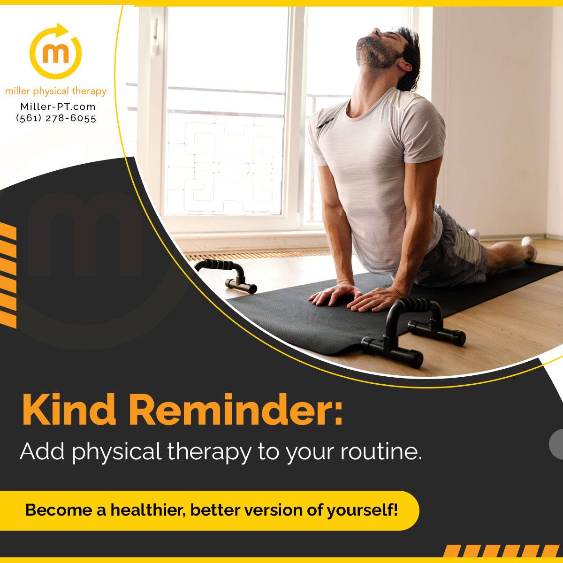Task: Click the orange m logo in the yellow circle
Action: click(55, 54)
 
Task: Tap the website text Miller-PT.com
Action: click(58, 107)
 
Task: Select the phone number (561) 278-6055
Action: click(56, 118)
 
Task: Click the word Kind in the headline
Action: click(69, 410)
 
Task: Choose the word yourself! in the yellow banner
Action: click(362, 511)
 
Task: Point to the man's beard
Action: click(375, 54)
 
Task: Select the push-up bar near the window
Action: click(226, 274)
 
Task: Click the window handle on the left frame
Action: click(155, 37)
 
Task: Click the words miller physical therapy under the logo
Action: click(56, 91)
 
